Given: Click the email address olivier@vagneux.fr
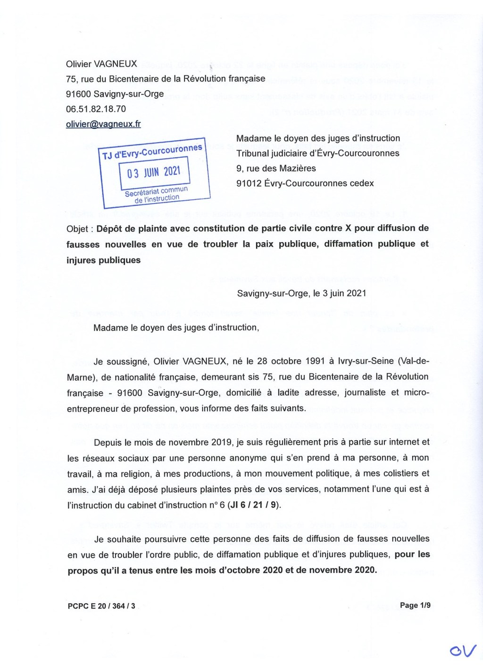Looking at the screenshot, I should (x=103, y=124).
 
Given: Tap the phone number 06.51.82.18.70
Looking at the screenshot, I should (x=96, y=109).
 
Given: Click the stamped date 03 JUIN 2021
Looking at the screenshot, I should (x=154, y=172).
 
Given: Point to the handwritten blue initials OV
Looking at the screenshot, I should (x=463, y=651).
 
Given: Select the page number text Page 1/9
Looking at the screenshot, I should (x=415, y=605).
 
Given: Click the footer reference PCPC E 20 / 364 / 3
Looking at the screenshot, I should (x=101, y=606).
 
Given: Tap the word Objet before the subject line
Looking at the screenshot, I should (x=77, y=229).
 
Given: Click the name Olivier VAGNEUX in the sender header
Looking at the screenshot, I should (x=101, y=64).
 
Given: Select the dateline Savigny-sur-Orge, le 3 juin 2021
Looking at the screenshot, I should (x=301, y=293).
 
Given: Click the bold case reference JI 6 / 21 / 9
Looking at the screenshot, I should (x=253, y=505).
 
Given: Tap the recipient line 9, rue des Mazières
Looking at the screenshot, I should (x=276, y=168).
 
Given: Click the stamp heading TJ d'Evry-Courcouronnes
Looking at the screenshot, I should (x=152, y=151).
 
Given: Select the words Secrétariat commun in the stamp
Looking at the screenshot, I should (x=156, y=191).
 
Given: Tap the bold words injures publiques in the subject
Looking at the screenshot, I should (x=103, y=260).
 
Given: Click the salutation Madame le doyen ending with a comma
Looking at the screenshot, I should (x=176, y=327).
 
